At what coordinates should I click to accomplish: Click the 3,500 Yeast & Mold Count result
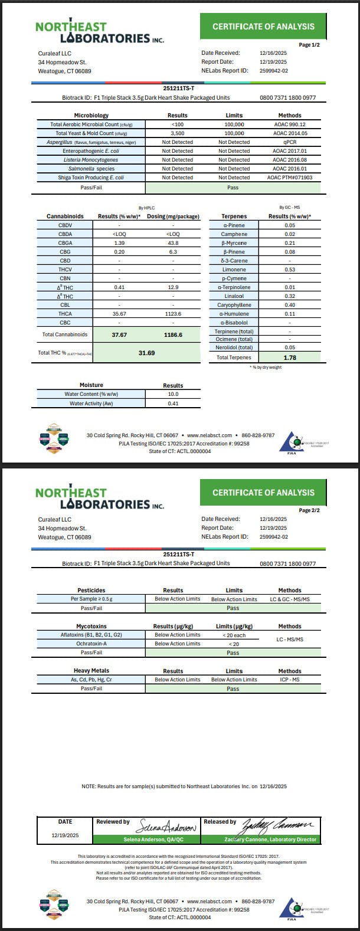coord(178,133)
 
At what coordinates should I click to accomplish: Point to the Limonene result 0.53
coord(290,270)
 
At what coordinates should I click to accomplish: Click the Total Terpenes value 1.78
coord(290,358)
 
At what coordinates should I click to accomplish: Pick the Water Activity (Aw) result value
coord(173,404)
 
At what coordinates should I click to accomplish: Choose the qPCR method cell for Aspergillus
coord(290,142)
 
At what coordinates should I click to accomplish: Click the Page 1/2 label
coord(309,45)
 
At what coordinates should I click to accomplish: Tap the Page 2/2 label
coord(309,510)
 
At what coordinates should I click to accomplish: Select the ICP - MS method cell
coord(290,680)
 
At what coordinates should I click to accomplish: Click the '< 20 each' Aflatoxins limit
coord(234,635)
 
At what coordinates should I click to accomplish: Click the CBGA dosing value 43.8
coord(173,243)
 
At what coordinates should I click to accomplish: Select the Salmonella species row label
coord(91,169)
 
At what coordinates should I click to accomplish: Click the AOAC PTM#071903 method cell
coord(290,178)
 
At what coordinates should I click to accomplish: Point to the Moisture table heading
coord(91,385)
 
